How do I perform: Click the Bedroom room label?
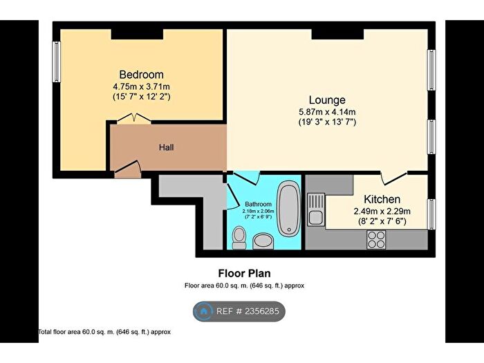pyautogui.click(x=141, y=75)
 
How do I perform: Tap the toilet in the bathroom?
pyautogui.click(x=239, y=238)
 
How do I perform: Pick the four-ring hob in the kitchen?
pyautogui.click(x=375, y=239)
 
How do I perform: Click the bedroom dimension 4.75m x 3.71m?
pyautogui.click(x=141, y=86)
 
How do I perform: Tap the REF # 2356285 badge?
pyautogui.click(x=239, y=312)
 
